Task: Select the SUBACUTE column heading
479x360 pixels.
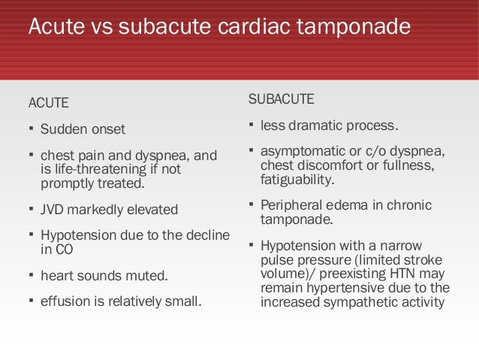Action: pyautogui.click(x=281, y=99)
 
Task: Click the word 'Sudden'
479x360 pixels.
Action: pyautogui.click(x=62, y=129)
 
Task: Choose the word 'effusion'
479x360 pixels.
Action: pyautogui.click(x=63, y=302)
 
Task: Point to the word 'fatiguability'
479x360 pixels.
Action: pyautogui.click(x=297, y=180)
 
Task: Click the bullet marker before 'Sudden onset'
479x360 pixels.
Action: pyautogui.click(x=31, y=129)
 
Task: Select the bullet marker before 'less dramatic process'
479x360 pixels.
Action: pyautogui.click(x=251, y=124)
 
